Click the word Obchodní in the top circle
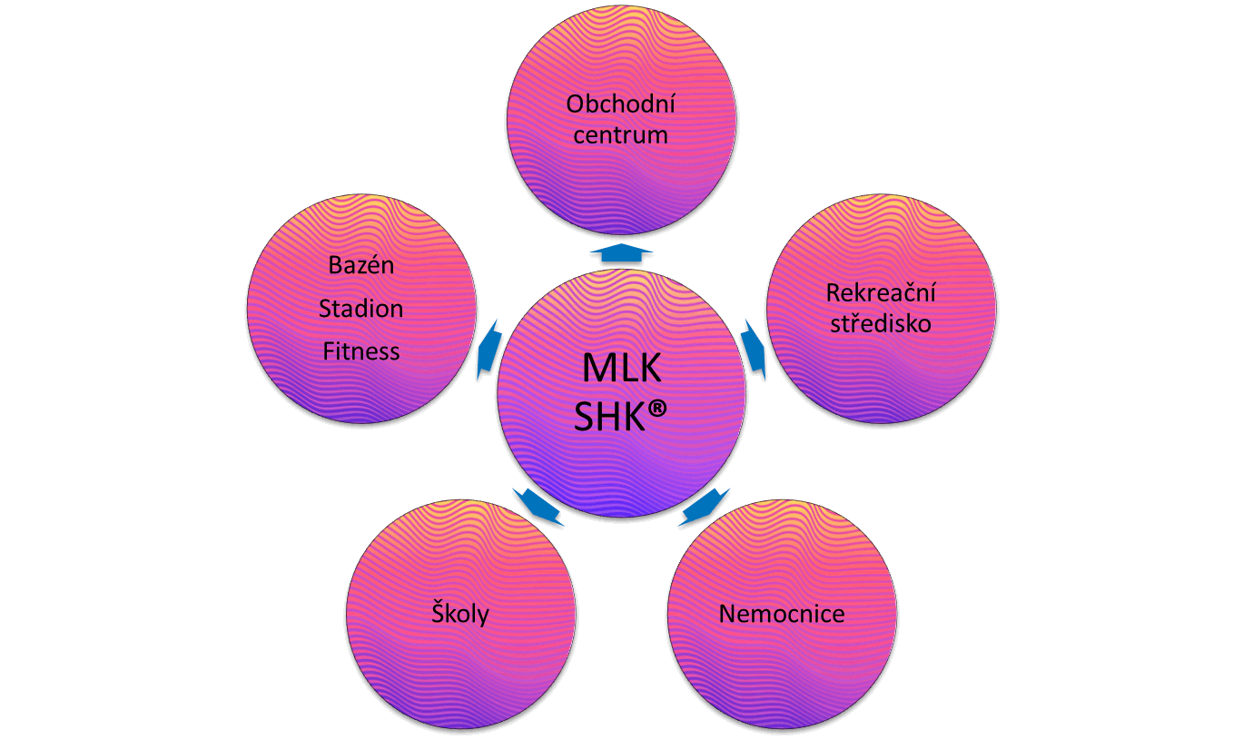(x=621, y=104)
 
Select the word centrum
(x=621, y=136)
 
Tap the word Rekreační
(x=881, y=293)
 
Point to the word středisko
(x=881, y=324)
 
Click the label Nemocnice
(x=782, y=614)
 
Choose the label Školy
(x=459, y=614)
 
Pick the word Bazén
(x=361, y=267)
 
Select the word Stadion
(x=361, y=309)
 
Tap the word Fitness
(x=361, y=350)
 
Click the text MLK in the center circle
(x=622, y=370)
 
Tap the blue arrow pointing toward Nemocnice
(x=705, y=508)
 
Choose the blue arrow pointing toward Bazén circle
(x=488, y=350)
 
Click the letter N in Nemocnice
(x=726, y=614)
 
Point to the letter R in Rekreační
(x=833, y=293)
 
